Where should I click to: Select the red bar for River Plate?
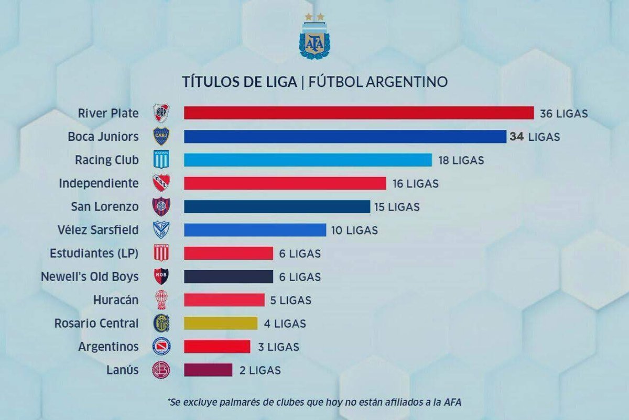coord(359,113)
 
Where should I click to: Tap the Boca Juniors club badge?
coord(160,137)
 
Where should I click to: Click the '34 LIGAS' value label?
coord(534,137)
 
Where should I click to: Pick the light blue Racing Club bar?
coord(308,160)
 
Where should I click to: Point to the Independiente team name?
coord(99,183)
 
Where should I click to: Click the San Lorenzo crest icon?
coord(160,206)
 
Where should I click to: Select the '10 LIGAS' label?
coord(354,230)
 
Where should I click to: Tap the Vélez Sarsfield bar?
coord(255,230)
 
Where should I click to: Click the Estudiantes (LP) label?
coord(94,253)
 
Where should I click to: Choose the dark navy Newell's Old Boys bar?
coord(229,277)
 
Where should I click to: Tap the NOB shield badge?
coord(160,277)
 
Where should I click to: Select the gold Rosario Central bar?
coord(221,323)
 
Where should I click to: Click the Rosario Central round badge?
coord(160,323)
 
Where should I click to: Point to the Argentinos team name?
coord(109,347)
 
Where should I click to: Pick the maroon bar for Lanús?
coord(208,370)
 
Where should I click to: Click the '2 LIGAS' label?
coord(261,370)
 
